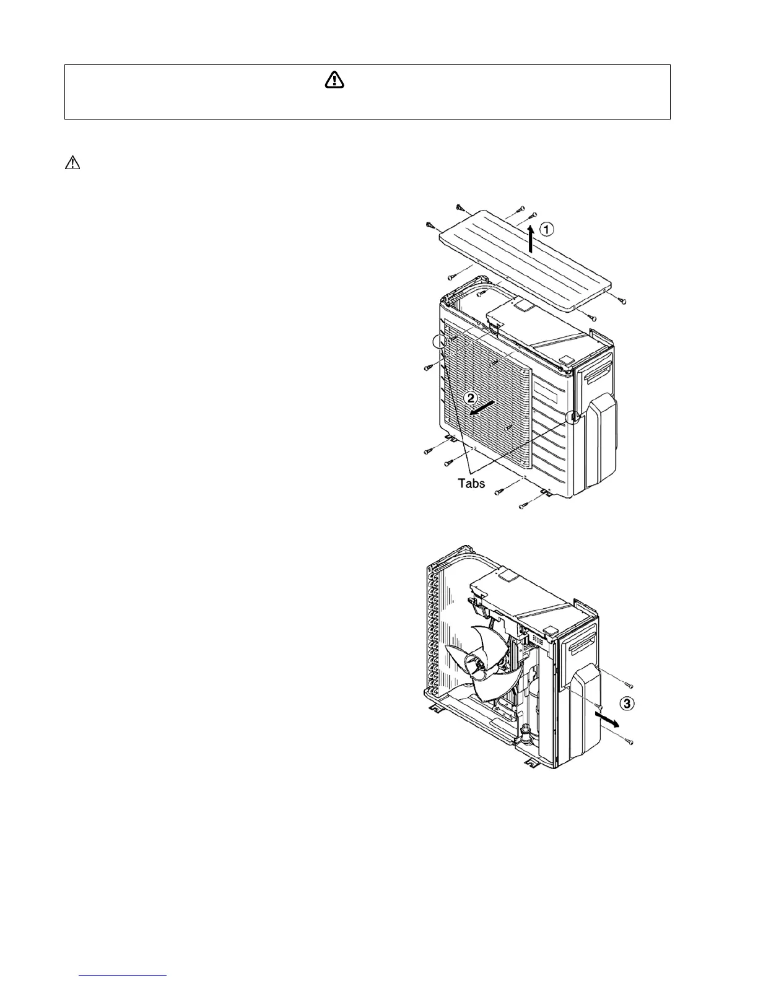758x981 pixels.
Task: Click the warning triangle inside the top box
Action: point(334,80)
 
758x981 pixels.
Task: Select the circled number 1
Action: point(546,229)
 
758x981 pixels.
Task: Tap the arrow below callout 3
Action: point(608,719)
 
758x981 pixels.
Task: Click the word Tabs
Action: point(471,483)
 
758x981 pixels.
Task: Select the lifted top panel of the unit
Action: point(526,260)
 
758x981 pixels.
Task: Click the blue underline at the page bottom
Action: point(124,976)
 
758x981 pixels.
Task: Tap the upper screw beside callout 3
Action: point(628,684)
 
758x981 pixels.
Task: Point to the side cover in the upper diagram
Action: point(596,443)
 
